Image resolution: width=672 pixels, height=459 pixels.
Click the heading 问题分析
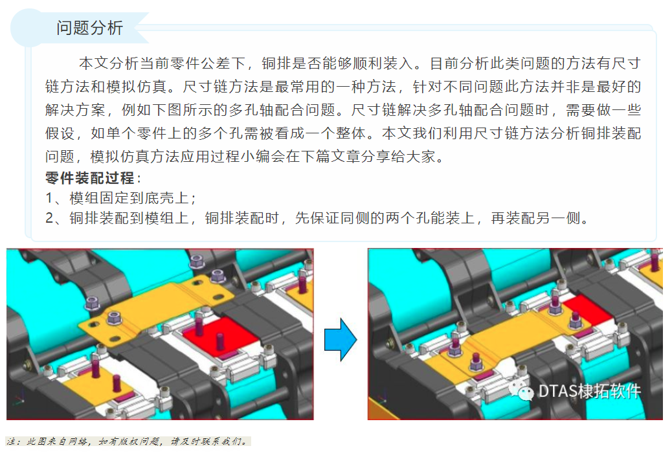point(89,27)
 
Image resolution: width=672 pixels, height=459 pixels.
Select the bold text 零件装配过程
point(90,178)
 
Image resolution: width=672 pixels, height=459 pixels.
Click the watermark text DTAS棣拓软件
point(588,391)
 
